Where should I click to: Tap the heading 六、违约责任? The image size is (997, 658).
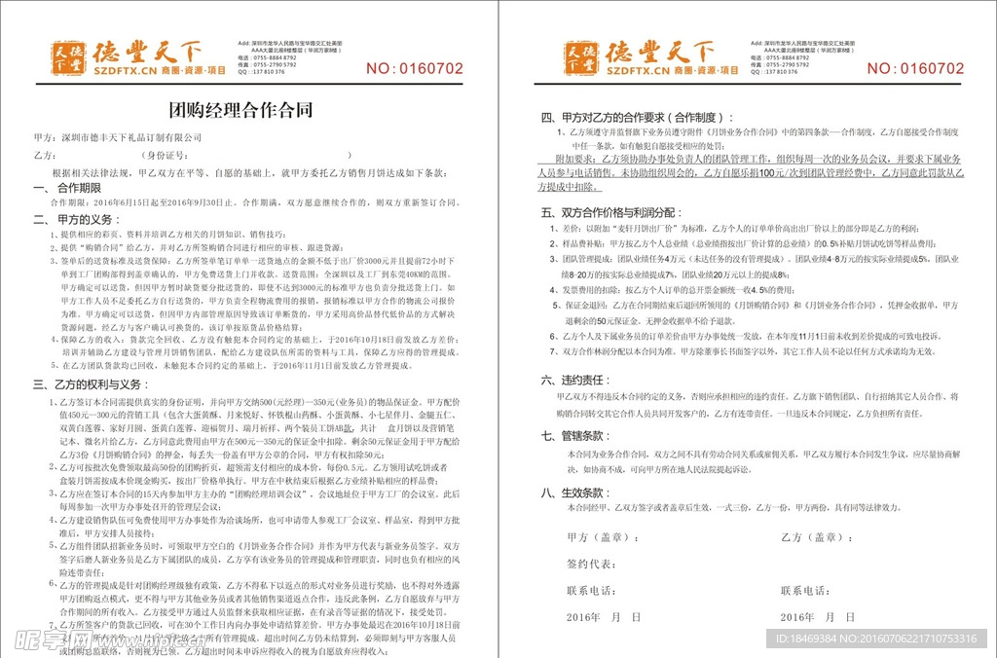(575, 380)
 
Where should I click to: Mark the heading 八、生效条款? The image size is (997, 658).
(575, 493)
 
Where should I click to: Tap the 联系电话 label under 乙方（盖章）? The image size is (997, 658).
(805, 591)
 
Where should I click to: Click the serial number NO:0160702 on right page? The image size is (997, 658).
(915, 68)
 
